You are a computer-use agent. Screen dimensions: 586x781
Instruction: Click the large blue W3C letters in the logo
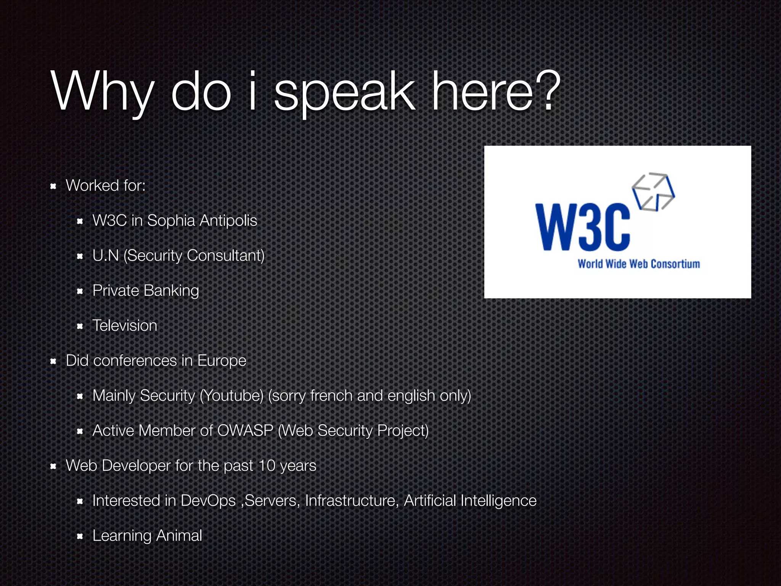tap(582, 227)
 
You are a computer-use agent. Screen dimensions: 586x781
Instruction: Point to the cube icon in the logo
tap(653, 192)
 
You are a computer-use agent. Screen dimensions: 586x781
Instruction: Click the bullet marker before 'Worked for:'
tap(53, 186)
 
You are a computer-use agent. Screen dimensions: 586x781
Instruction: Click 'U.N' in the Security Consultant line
tap(106, 256)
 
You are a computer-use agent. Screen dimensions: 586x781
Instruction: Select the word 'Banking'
tap(171, 291)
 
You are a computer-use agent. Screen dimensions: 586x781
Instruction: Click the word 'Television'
tap(125, 326)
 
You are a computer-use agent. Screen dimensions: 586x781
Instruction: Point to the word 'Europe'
tap(222, 361)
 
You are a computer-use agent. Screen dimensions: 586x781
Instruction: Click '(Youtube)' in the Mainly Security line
tap(231, 396)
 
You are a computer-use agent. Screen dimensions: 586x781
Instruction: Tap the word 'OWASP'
tap(245, 431)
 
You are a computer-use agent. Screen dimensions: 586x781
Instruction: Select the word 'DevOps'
tap(208, 501)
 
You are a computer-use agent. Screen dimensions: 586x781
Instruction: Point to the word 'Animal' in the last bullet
tap(179, 536)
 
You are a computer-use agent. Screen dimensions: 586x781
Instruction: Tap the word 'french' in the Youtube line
tap(331, 396)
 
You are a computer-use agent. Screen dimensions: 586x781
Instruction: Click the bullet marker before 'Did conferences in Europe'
tap(53, 361)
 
